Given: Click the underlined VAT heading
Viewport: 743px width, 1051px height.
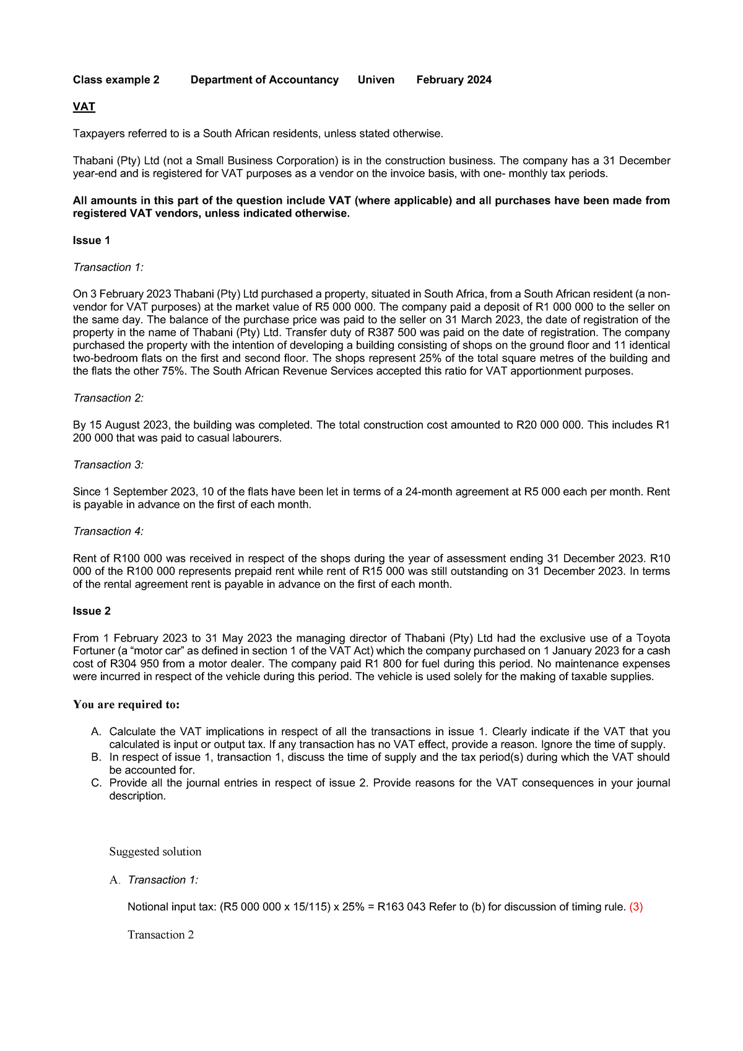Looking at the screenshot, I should [84, 107].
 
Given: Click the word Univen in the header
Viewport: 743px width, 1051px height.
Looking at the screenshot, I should [376, 80].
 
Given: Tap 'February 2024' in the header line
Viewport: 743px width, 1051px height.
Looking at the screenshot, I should [454, 80].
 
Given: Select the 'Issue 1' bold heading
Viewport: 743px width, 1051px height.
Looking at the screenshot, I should [92, 240].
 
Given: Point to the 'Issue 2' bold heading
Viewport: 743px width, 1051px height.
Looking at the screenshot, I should [92, 611].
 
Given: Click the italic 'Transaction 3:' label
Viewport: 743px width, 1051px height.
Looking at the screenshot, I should [108, 464].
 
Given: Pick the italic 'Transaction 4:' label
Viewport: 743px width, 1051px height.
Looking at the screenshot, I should [108, 531].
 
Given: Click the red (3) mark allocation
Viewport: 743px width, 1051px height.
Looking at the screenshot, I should [636, 907].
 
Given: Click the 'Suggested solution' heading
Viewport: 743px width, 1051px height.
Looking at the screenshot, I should [155, 852].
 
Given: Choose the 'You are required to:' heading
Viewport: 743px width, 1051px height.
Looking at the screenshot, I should [126, 704].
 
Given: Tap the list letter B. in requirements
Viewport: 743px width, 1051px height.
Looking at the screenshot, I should [96, 757].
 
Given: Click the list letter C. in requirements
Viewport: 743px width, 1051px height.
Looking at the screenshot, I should [96, 783].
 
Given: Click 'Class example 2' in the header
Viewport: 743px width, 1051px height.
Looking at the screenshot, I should [116, 80].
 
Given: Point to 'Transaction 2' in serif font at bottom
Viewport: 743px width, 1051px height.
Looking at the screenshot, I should [161, 935].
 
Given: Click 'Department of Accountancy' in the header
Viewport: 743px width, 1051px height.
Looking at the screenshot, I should [264, 80].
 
